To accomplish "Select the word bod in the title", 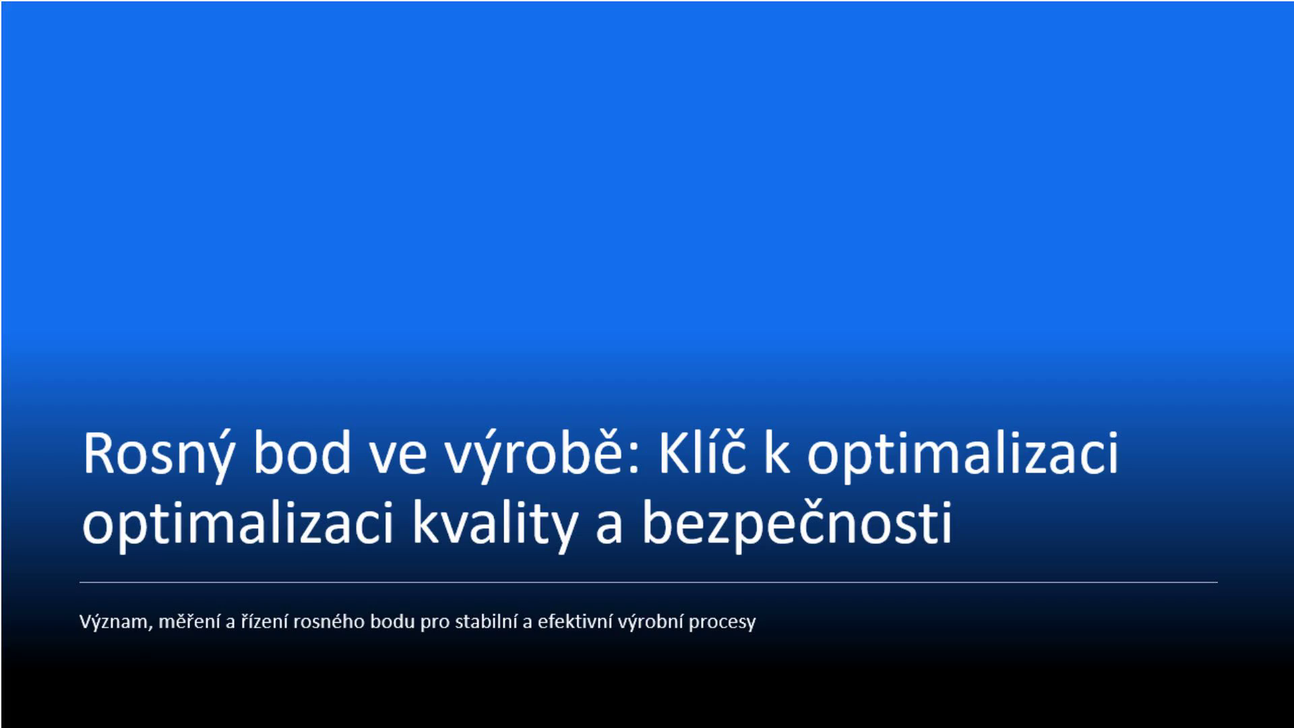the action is click(x=303, y=452).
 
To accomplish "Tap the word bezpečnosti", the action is click(x=797, y=522).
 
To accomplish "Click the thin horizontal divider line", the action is click(x=648, y=582).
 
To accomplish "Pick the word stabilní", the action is click(x=486, y=621).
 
